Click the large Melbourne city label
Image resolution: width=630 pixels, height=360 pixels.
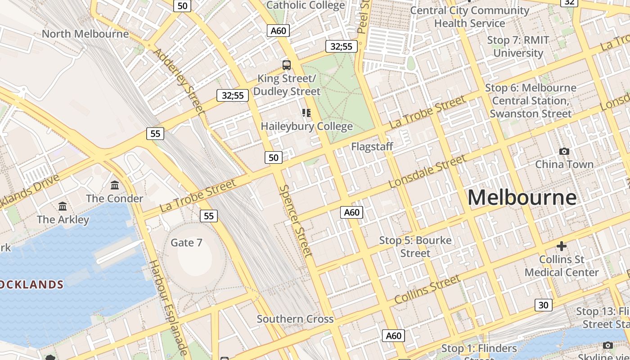pyautogui.click(x=522, y=198)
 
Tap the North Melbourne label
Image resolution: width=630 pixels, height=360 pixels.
pyautogui.click(x=85, y=34)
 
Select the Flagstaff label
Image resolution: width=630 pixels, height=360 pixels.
pyautogui.click(x=372, y=146)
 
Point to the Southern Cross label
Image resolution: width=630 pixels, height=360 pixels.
pyautogui.click(x=295, y=319)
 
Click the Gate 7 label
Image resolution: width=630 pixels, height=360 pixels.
pyautogui.click(x=186, y=243)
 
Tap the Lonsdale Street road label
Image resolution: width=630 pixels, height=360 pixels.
pyautogui.click(x=427, y=171)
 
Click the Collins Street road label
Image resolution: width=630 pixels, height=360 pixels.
pyautogui.click(x=427, y=289)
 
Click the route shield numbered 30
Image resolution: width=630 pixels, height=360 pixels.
pyautogui.click(x=544, y=305)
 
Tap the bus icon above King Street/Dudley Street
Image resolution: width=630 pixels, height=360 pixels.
pyautogui.click(x=287, y=65)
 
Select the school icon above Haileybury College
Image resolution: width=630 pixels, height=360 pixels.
pyautogui.click(x=306, y=113)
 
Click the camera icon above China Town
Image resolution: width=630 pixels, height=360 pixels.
pyautogui.click(x=564, y=152)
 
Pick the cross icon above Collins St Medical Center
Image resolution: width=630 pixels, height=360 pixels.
pyautogui.click(x=562, y=246)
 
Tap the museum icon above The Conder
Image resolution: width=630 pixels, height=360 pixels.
pyautogui.click(x=115, y=185)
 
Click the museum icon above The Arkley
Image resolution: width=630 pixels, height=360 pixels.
pyautogui.click(x=63, y=207)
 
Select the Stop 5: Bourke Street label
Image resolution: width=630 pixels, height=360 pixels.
pyautogui.click(x=415, y=247)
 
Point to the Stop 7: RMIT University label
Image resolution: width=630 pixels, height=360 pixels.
pyautogui.click(x=518, y=46)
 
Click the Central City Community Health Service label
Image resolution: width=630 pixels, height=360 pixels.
pyautogui.click(x=470, y=17)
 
